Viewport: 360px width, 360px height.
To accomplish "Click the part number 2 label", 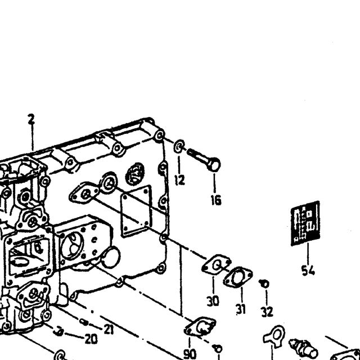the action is click(x=31, y=119).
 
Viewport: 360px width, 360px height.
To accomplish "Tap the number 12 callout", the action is click(x=179, y=180).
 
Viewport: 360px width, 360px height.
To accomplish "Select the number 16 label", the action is click(x=216, y=200).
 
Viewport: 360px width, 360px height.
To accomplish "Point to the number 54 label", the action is click(x=308, y=270).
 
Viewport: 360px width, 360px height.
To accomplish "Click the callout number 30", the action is click(x=213, y=301).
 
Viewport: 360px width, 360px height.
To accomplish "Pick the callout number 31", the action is click(x=241, y=309).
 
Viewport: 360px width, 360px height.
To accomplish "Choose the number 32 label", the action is click(x=267, y=312).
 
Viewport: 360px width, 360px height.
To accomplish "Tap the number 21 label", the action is click(x=109, y=330).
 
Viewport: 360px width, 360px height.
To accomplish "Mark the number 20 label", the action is click(x=91, y=339).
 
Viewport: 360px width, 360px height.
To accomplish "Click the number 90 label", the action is click(x=190, y=354).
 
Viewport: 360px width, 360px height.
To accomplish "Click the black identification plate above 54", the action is click(x=305, y=223).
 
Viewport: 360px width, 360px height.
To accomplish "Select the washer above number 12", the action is click(x=179, y=146).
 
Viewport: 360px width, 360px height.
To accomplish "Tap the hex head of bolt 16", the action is click(x=214, y=164).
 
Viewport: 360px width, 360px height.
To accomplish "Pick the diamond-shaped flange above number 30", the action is click(x=216, y=265).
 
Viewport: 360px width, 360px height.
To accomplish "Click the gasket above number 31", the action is click(x=238, y=277).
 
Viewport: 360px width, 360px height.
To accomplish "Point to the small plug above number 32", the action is click(x=264, y=283).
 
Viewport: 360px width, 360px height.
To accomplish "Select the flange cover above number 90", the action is click(x=200, y=327).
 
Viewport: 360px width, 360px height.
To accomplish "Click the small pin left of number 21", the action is click(x=84, y=322).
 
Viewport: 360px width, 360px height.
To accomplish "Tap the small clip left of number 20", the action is click(x=58, y=331).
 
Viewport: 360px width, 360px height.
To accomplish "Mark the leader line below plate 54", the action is click(x=308, y=254).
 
